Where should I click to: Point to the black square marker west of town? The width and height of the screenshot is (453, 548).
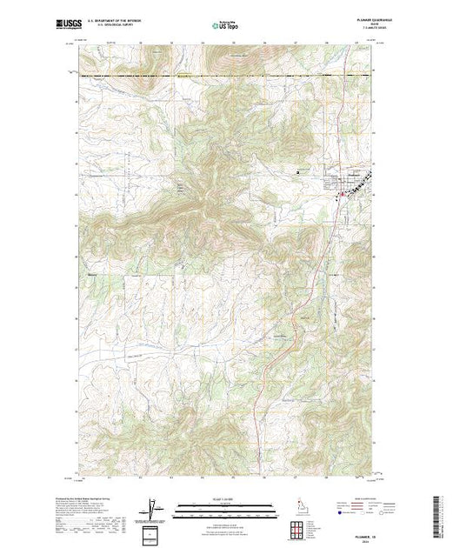click(298, 171)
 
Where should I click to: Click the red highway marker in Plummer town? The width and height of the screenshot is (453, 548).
click(341, 193)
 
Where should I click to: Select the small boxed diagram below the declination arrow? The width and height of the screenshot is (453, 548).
click(155, 532)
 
